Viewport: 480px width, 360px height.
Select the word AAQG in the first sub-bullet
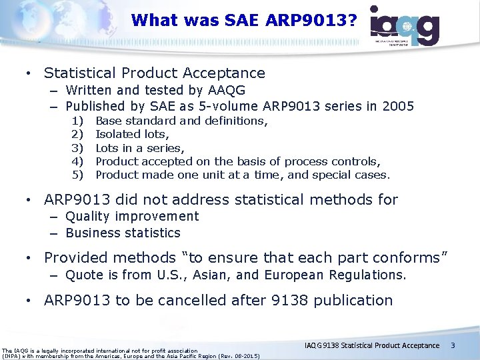pyautogui.click(x=226, y=90)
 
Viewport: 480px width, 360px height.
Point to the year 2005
pyautogui.click(x=399, y=106)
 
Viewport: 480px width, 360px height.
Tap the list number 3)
pyautogui.click(x=77, y=148)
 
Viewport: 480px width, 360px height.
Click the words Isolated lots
pyautogui.click(x=125, y=135)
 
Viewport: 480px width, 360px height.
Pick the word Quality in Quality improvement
pyautogui.click(x=89, y=216)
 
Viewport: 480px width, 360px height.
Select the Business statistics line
pyautogui.click(x=123, y=233)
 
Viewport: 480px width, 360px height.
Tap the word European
pyautogui.click(x=293, y=275)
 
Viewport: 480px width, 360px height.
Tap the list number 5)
pyautogui.click(x=77, y=175)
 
